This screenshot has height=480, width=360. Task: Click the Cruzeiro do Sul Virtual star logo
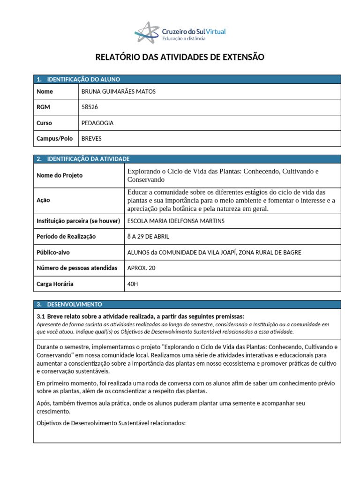coord(147,31)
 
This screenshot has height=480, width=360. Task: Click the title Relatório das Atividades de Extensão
coord(180,57)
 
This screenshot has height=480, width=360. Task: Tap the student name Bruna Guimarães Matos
coord(119,91)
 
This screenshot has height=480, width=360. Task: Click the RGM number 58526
coord(90,107)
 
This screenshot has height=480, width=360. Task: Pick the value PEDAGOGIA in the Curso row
coord(97,123)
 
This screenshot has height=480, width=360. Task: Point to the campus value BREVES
coord(91,139)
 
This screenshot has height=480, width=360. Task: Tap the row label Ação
coord(43,200)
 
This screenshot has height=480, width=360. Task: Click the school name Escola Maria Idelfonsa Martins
coord(176,221)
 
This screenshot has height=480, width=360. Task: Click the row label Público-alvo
coord(53,252)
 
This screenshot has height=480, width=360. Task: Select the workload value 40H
coord(133,284)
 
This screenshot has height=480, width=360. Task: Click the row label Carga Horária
coord(55,284)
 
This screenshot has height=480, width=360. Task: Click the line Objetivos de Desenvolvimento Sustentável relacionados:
coord(111,423)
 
